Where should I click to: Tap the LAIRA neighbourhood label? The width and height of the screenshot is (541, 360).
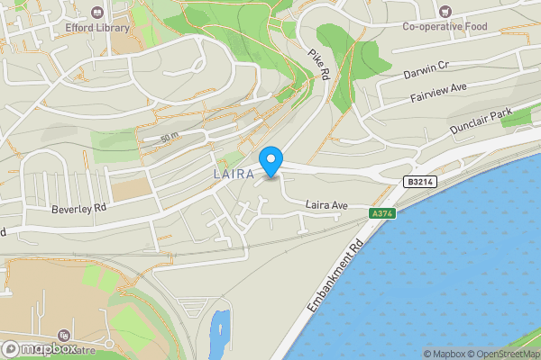click(233, 172)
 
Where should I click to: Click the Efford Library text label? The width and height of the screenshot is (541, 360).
click(96, 28)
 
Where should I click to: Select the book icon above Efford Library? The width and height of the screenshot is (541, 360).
click(96, 12)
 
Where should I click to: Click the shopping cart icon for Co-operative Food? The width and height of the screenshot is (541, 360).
click(445, 11)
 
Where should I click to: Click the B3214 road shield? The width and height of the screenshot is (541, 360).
click(417, 182)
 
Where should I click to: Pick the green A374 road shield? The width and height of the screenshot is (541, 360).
click(382, 213)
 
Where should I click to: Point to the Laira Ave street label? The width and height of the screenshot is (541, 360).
click(326, 205)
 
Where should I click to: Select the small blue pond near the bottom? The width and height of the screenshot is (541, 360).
click(218, 329)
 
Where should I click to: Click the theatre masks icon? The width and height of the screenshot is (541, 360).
click(63, 336)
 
